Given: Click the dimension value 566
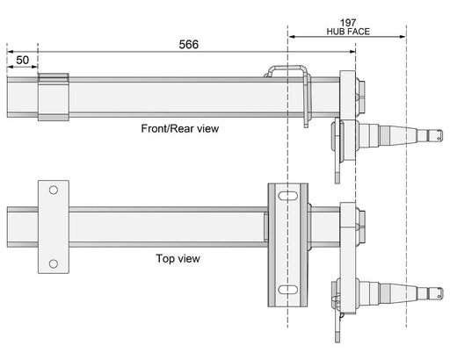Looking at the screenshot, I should pos(187,44).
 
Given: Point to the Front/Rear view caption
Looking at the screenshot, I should pos(180,128).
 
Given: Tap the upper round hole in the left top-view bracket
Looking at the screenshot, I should pos(53,191).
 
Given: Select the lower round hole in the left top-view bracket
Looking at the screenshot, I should pos(53,263).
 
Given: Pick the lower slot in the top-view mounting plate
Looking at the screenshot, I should pos(287,289).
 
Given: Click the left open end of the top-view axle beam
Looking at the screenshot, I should pos(9,226).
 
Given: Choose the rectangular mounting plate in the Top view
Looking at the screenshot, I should pos(287,241).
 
